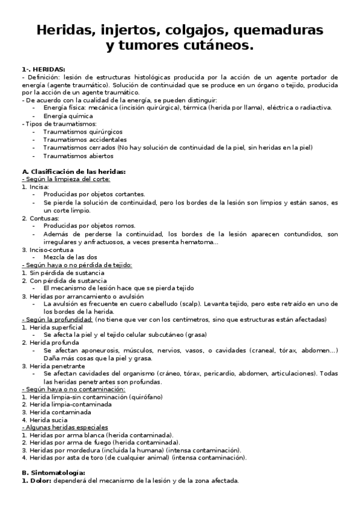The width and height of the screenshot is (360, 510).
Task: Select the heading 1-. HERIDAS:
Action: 44,69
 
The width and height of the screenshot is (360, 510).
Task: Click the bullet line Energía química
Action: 68,115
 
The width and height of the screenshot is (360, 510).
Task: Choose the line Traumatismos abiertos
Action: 74,156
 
